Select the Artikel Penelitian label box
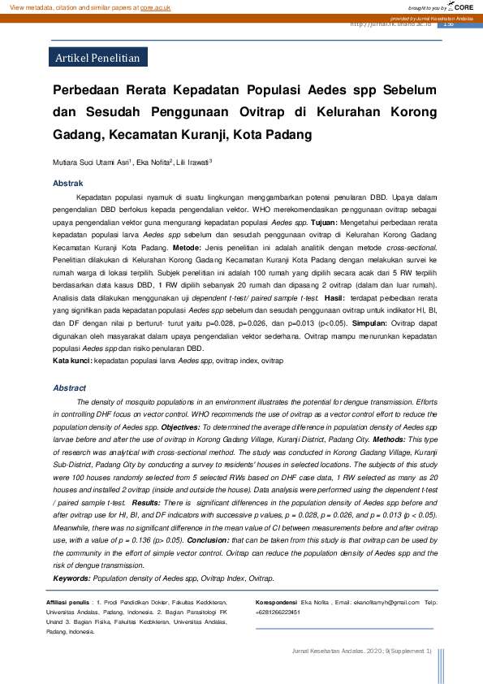pyautogui.click(x=97, y=58)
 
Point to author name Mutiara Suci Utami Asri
pyautogui.click(x=90, y=162)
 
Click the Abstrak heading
pyautogui.click(x=67, y=184)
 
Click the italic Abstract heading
pyautogui.click(x=69, y=388)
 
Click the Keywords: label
pyautogui.click(x=71, y=578)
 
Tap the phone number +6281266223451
pyautogui.click(x=278, y=612)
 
